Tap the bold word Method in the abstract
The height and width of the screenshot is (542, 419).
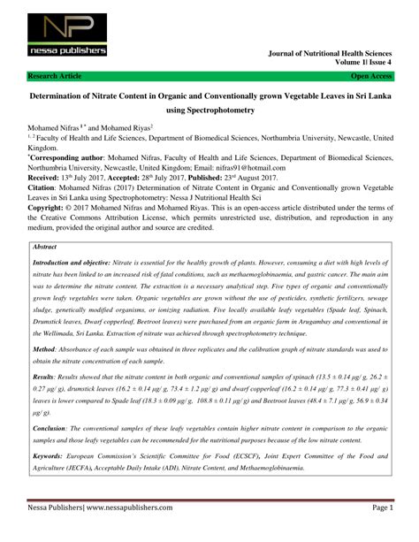pos(43,324)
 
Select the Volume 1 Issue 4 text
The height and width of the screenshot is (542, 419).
pos(361,64)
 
